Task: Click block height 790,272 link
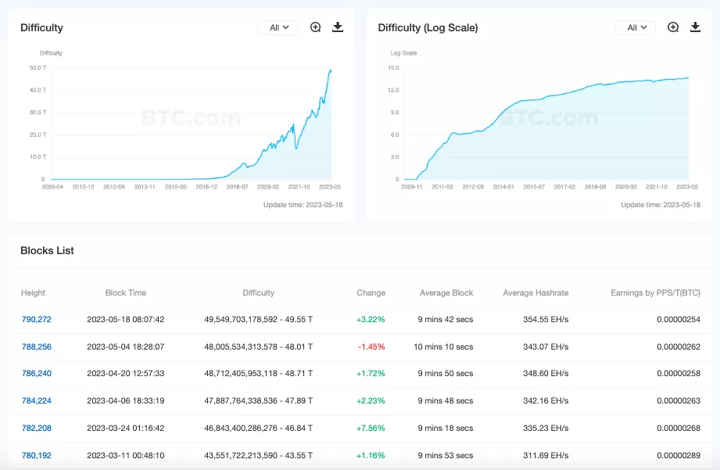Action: click(37, 319)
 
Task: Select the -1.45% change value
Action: click(371, 346)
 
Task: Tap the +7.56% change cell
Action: click(371, 428)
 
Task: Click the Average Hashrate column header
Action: click(536, 292)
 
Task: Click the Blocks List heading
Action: click(47, 250)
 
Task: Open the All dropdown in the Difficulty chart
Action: click(278, 27)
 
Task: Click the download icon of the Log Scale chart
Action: click(695, 27)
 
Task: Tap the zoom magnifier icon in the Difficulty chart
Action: click(316, 27)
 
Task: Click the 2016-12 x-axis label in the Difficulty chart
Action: click(206, 187)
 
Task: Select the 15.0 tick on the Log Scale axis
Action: click(393, 67)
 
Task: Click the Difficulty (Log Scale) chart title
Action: click(428, 27)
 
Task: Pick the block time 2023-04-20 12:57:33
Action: click(126, 373)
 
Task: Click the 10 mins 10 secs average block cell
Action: click(446, 346)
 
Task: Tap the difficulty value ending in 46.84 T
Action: click(258, 428)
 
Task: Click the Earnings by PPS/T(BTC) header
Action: click(655, 292)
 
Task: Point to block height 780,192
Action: click(37, 454)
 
